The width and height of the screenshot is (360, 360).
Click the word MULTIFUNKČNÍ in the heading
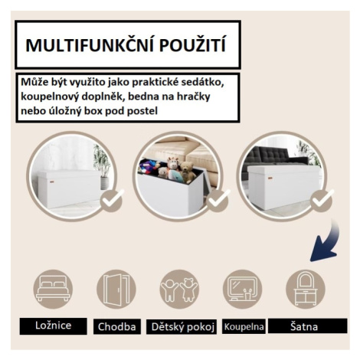(89, 45)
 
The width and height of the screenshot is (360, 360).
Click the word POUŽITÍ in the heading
(193, 45)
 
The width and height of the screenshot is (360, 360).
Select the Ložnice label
(53, 326)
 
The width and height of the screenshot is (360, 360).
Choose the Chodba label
(116, 326)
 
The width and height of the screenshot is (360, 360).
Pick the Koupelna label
(244, 326)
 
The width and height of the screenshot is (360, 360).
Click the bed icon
(53, 289)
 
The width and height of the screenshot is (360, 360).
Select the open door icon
(116, 289)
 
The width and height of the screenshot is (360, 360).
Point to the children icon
(179, 289)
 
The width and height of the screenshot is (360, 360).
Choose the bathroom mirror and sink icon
(242, 289)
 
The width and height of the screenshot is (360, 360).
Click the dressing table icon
(306, 289)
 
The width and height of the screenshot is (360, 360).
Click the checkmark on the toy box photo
(218, 200)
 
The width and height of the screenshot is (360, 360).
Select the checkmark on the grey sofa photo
(322, 200)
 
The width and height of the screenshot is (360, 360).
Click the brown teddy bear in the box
(188, 172)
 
